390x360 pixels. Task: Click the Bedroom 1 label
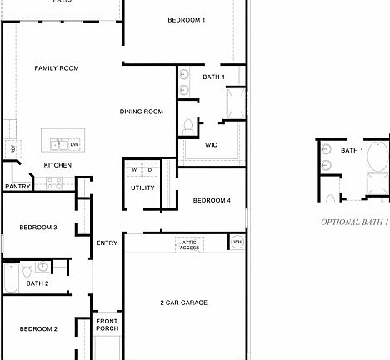coord(186,19)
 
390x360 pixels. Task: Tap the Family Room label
coord(57,68)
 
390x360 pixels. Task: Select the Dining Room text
coord(141,112)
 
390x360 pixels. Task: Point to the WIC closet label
coord(211,145)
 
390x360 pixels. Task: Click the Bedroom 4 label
coord(212,200)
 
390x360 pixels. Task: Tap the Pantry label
coord(17,187)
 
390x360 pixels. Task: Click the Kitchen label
coord(57,165)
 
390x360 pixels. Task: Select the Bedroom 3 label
coord(38,227)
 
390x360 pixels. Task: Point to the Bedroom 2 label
coord(38,329)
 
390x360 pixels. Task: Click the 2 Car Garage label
coord(183,302)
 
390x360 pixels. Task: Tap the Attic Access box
coord(189,244)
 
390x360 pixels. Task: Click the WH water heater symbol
coord(237,242)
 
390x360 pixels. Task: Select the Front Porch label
coord(107,325)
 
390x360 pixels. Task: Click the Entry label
coord(107,243)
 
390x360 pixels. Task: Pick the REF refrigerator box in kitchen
coord(12,149)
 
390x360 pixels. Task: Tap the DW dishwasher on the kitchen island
coord(74,145)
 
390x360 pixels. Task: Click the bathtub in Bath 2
coord(11,277)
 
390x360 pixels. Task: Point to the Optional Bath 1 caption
coord(355,222)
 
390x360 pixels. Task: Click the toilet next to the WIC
coord(188,127)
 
